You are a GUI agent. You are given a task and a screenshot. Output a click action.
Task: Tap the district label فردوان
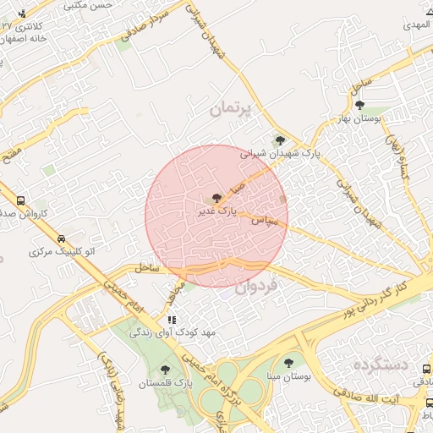[x=255, y=290]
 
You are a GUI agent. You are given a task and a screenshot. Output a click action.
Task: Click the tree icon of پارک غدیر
[x=216, y=199]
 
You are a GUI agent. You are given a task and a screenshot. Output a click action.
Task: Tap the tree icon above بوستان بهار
[x=360, y=105]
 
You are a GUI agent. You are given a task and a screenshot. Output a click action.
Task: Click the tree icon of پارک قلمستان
[x=164, y=368]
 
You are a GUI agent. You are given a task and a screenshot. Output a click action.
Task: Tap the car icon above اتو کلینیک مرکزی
[x=61, y=238]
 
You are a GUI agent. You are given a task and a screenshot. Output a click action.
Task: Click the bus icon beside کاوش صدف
[x=20, y=200]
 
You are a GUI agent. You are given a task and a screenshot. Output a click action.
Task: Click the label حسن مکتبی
[x=93, y=5]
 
